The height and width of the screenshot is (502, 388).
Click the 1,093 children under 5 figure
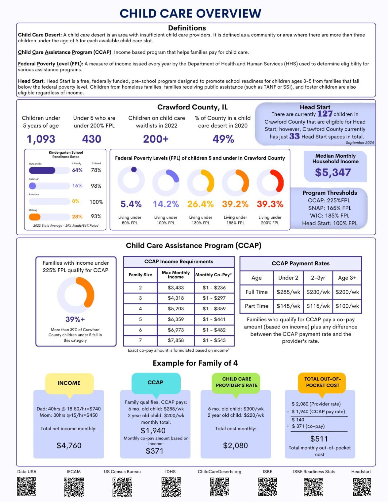(x=41, y=139)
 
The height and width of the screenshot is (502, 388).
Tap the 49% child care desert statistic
(x=223, y=139)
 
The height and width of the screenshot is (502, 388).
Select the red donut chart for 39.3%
(x=270, y=182)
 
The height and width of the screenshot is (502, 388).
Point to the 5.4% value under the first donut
(x=131, y=204)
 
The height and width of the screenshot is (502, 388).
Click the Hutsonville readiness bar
(x=42, y=170)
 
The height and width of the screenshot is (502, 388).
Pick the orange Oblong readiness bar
(x=35, y=217)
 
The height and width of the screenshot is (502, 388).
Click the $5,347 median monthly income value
(x=333, y=172)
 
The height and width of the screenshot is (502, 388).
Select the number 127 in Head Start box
(x=325, y=114)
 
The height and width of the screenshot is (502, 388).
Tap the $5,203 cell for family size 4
(x=176, y=308)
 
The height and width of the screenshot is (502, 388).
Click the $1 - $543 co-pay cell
(x=214, y=340)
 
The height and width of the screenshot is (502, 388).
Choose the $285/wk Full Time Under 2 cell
(x=288, y=292)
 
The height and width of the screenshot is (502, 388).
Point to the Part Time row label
(x=256, y=306)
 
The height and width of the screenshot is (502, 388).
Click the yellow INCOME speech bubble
(x=69, y=383)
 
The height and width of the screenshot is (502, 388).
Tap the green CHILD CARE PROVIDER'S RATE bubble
(x=236, y=382)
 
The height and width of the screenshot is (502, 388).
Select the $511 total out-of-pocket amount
(x=319, y=439)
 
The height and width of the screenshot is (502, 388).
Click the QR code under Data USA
(x=26, y=486)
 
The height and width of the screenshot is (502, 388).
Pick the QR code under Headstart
(x=362, y=487)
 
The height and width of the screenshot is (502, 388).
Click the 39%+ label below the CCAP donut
(x=75, y=319)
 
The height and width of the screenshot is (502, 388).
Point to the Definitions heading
(x=187, y=28)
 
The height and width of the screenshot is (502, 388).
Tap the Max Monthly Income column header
(x=176, y=274)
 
